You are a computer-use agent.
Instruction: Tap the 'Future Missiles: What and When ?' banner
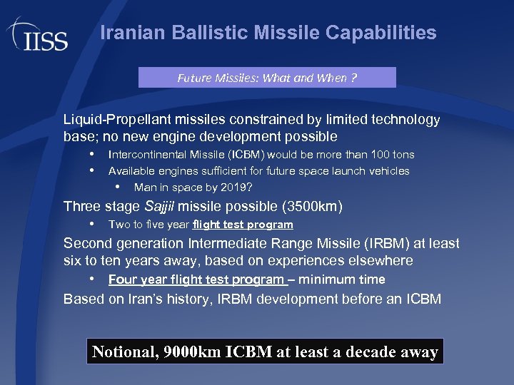pyautogui.click(x=267, y=78)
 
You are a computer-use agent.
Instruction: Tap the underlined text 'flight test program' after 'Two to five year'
pyautogui.click(x=243, y=225)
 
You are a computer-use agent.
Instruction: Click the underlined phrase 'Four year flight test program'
pyautogui.click(x=196, y=279)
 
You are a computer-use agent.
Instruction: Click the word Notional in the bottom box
pyautogui.click(x=124, y=351)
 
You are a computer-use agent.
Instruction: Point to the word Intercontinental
pyautogui.click(x=147, y=155)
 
